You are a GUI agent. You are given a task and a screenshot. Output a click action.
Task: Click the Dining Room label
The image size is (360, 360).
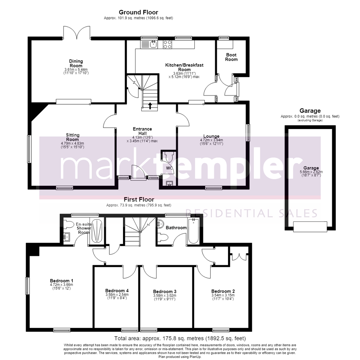[x=76, y=63]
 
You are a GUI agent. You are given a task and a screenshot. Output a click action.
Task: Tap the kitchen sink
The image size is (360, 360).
[x=153, y=44]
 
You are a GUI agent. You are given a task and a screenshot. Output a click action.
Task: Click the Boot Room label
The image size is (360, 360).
[x=231, y=57]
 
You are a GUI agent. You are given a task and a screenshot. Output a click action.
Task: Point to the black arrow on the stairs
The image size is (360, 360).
[x=150, y=106]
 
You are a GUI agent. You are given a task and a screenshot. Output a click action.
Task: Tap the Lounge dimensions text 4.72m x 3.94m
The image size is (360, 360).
[x=211, y=140]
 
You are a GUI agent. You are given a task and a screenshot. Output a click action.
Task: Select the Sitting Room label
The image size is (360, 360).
[x=73, y=137]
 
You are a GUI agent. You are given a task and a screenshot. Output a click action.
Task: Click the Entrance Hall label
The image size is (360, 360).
[x=142, y=131]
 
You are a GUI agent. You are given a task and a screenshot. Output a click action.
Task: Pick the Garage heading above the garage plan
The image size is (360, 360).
[x=310, y=111]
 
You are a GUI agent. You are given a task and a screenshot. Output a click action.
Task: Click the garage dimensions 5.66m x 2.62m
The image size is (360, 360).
[x=311, y=172]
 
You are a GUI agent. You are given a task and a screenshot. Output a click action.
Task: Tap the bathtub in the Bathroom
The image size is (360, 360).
[x=193, y=231]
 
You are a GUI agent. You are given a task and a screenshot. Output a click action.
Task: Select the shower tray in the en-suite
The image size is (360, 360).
[x=97, y=231]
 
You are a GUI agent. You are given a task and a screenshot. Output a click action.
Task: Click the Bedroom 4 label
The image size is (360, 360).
[x=117, y=290]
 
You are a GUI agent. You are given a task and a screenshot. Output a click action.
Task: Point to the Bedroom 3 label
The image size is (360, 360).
[x=165, y=291]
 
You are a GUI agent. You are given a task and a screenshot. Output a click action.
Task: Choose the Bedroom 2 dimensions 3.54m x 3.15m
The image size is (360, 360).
[x=223, y=295]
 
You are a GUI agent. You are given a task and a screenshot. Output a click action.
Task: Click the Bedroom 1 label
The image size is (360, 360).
[x=62, y=281]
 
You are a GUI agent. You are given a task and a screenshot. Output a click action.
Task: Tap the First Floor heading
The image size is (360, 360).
[x=139, y=200]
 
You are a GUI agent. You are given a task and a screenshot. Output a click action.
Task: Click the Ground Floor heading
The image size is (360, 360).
[x=138, y=12]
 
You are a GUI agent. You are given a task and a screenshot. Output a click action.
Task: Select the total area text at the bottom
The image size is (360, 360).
[x=180, y=338]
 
